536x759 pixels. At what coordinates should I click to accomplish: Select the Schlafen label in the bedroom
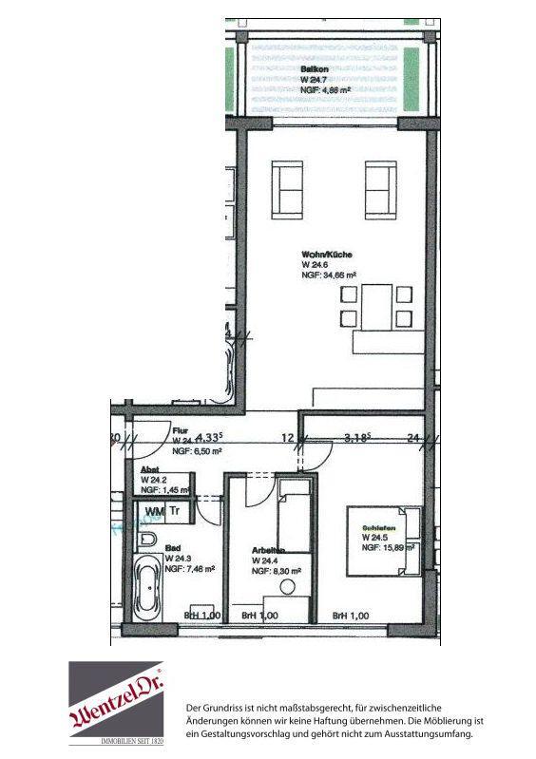(x=376, y=527)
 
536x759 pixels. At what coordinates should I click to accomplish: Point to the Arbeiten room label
(x=269, y=551)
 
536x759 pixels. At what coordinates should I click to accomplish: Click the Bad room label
(x=173, y=549)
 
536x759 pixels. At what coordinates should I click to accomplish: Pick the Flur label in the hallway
(x=180, y=430)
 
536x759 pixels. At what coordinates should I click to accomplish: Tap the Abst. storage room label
(x=150, y=469)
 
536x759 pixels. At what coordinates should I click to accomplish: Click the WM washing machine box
(x=154, y=511)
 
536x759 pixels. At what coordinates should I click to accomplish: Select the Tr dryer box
(x=176, y=511)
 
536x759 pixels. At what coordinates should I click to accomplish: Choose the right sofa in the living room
(x=380, y=189)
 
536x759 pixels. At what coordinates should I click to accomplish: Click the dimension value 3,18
(x=356, y=438)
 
